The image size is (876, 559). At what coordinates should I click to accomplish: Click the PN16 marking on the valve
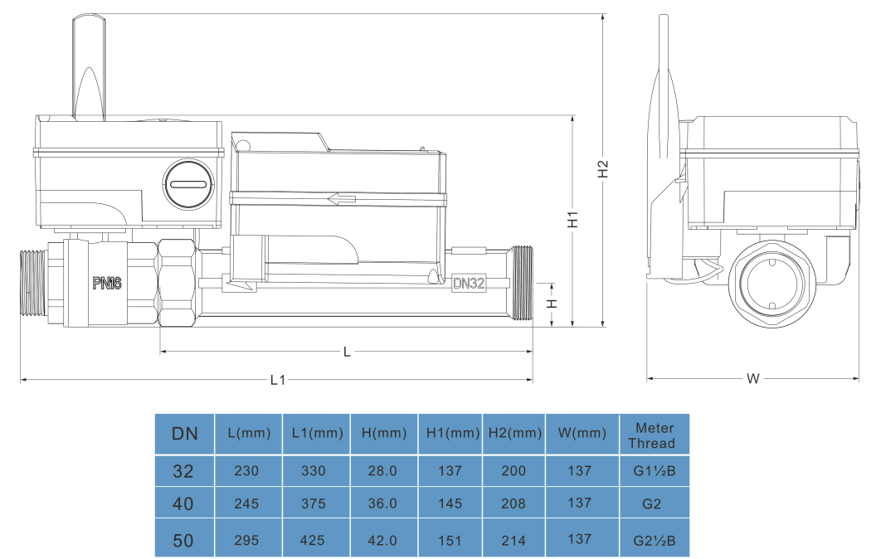[x=108, y=284]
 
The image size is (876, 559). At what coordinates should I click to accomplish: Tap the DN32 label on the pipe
[x=469, y=283]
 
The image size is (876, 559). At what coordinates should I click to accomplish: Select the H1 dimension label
[x=572, y=219]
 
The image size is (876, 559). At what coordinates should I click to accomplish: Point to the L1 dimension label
[x=277, y=381]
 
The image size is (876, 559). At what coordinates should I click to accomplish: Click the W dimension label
[x=752, y=379]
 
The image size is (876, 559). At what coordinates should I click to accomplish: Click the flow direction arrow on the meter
[x=342, y=199]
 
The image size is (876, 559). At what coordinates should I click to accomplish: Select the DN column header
[x=184, y=434]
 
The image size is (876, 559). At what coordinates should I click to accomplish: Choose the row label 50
[x=183, y=541]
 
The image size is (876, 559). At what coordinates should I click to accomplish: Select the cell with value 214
[x=514, y=541]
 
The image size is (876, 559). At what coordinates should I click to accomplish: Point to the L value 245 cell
[x=246, y=503]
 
